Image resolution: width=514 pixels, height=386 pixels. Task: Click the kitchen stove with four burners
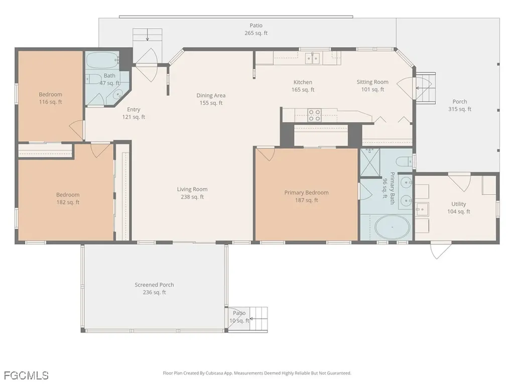click(x=315, y=115)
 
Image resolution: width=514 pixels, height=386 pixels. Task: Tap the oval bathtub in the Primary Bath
click(x=392, y=227)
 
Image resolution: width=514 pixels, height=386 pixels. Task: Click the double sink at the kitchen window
click(x=313, y=58)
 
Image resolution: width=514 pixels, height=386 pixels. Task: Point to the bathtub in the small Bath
click(x=102, y=61)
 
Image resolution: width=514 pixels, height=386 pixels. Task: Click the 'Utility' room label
click(x=458, y=204)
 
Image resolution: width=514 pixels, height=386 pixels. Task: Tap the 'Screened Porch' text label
click(x=154, y=284)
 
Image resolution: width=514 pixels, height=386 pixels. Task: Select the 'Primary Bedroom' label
click(x=306, y=192)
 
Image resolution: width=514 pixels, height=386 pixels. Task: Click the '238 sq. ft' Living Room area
click(x=192, y=197)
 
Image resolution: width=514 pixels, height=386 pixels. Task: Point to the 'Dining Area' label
click(x=211, y=95)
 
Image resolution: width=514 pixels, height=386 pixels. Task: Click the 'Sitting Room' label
click(x=372, y=82)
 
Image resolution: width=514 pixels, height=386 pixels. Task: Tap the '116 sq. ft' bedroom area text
click(x=51, y=102)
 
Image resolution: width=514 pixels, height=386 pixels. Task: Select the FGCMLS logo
click(x=26, y=375)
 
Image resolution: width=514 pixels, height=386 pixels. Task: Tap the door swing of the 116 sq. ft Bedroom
click(x=76, y=130)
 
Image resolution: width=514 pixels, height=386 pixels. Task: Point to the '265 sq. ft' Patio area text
click(x=256, y=33)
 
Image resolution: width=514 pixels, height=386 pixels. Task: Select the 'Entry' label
click(x=134, y=110)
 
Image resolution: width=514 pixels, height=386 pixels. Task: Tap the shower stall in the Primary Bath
click(x=370, y=163)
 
